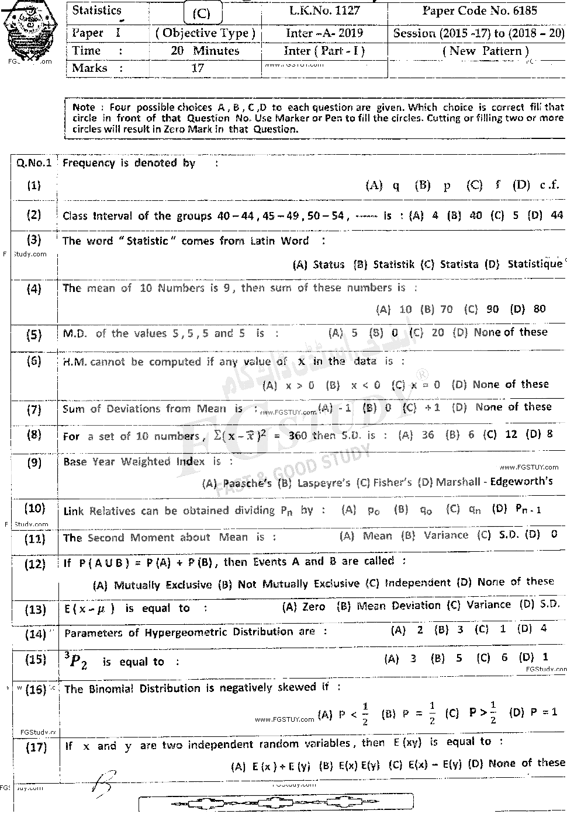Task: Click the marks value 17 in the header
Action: [198, 68]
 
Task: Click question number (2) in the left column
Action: [34, 214]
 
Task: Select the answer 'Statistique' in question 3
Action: [535, 264]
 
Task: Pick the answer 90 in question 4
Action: [493, 309]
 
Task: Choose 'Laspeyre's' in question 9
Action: [324, 483]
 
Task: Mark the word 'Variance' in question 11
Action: [446, 535]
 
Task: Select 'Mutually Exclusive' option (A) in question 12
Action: [163, 585]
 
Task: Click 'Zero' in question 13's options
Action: [313, 607]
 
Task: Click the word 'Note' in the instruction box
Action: [83, 107]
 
